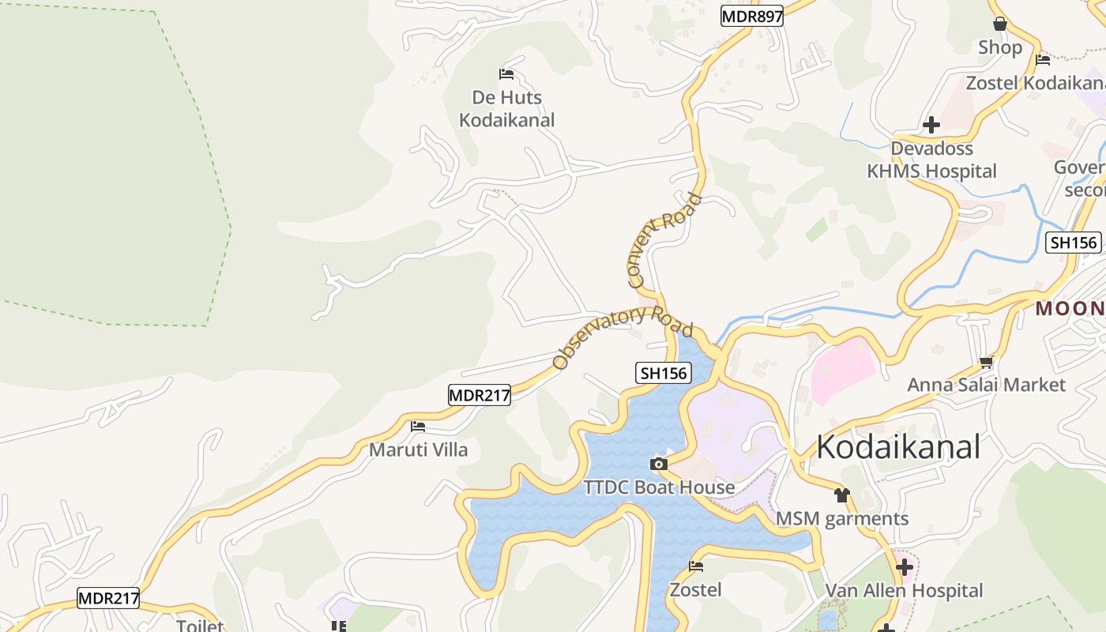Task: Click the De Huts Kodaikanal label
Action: point(506,109)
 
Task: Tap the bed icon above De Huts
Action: point(506,74)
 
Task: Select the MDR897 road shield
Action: point(751,16)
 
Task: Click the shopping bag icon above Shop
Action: point(1000,24)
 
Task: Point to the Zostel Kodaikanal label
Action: point(1035,83)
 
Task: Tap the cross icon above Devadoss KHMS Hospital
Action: point(931,125)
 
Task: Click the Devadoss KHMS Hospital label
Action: point(931,160)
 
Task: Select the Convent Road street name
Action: point(664,240)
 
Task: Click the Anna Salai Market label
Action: point(986,385)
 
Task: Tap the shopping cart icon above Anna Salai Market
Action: point(986,362)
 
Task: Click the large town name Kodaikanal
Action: point(897,447)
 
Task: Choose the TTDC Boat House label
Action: point(659,487)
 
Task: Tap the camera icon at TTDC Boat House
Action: point(658,464)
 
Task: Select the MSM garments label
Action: point(842,519)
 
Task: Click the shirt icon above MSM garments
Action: point(841,495)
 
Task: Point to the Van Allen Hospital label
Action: point(904,591)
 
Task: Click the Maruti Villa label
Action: point(419,450)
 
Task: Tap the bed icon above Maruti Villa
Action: point(418,427)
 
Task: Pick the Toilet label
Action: point(199,626)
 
